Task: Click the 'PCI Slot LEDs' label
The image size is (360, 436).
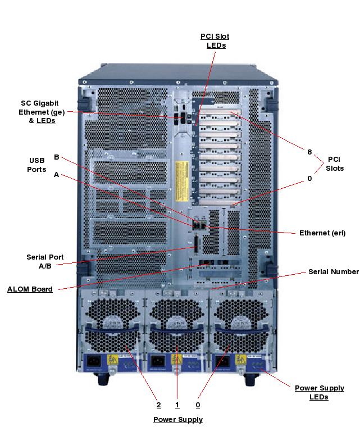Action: click(215, 40)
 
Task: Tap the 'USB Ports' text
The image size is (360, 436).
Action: click(37, 165)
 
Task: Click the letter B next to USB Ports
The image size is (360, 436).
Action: click(56, 157)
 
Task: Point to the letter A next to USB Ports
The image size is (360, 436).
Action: click(56, 175)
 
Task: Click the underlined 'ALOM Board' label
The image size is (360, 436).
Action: click(30, 289)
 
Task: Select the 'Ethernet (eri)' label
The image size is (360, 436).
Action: click(322, 233)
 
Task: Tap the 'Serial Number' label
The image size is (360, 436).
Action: click(333, 271)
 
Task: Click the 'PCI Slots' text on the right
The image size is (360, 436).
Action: click(335, 164)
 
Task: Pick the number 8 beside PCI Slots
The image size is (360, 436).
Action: click(309, 152)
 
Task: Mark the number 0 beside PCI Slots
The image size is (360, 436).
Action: click(309, 178)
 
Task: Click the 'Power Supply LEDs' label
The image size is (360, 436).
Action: click(319, 392)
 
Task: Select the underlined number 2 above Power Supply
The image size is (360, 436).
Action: click(159, 405)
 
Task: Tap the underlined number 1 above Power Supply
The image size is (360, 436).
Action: click(177, 405)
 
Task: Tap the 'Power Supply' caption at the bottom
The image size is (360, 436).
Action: click(178, 420)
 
